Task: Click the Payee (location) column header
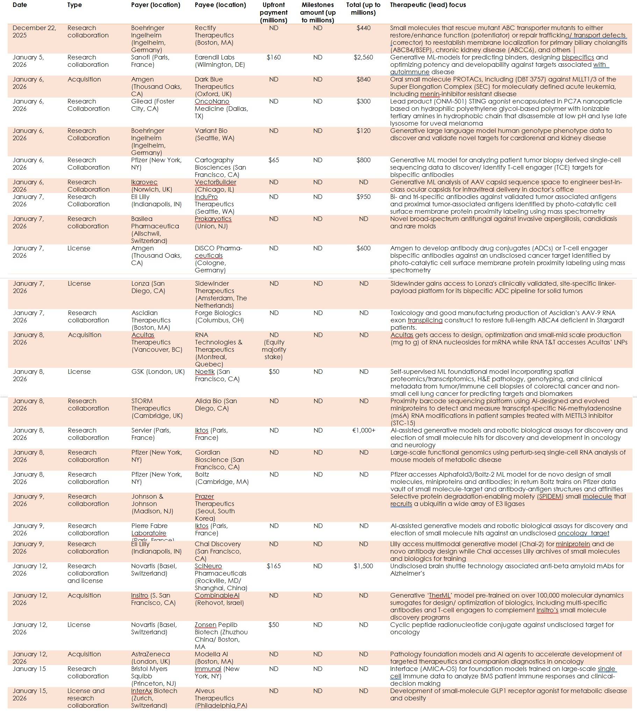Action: [x=220, y=5]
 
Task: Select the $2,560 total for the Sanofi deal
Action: [x=363, y=57]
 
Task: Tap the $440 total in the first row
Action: [x=363, y=28]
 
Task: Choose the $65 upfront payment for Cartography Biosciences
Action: [x=274, y=160]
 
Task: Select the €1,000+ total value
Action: [x=364, y=430]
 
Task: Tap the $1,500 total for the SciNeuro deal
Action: [x=363, y=566]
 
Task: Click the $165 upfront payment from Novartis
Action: [x=274, y=566]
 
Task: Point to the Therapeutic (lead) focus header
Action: [x=428, y=5]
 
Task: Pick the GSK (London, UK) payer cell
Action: [x=158, y=372]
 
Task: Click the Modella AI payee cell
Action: [x=214, y=658]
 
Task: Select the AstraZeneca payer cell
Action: [x=150, y=658]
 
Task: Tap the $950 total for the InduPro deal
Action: [x=363, y=197]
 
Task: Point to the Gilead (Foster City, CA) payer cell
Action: [x=152, y=105]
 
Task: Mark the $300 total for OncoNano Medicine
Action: [x=363, y=101]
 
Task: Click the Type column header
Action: [x=74, y=5]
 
